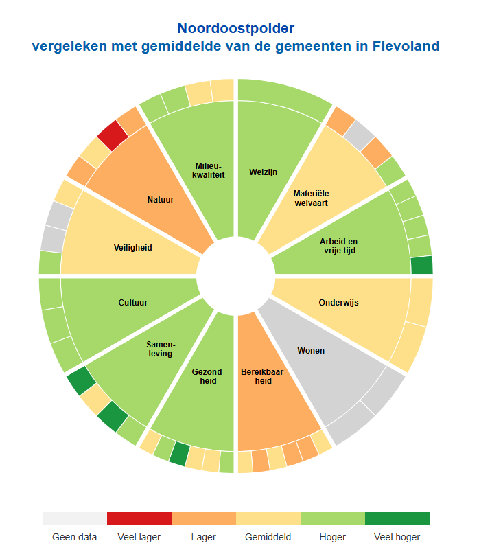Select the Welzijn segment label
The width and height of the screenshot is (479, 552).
263,172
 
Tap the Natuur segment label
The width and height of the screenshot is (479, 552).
160,200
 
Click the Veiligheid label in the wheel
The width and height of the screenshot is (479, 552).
132,247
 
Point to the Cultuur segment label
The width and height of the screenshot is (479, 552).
132,302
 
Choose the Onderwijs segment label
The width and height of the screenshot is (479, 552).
338,302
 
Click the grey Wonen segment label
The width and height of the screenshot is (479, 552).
311,351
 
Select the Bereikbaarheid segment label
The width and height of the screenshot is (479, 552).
257,376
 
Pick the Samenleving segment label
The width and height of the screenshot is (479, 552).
160,349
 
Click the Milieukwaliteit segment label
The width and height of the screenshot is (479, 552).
209,171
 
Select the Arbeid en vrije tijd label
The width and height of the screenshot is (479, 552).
338,246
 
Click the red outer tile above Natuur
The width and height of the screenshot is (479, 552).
112,135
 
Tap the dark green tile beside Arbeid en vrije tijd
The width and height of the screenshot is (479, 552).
421,265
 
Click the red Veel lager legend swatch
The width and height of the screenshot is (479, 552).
139,518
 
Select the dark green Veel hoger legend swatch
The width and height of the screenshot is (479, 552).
397,518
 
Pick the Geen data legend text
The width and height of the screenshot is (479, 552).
75,537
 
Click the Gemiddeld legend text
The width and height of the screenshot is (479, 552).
268,537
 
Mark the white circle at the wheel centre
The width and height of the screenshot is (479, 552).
235,275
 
